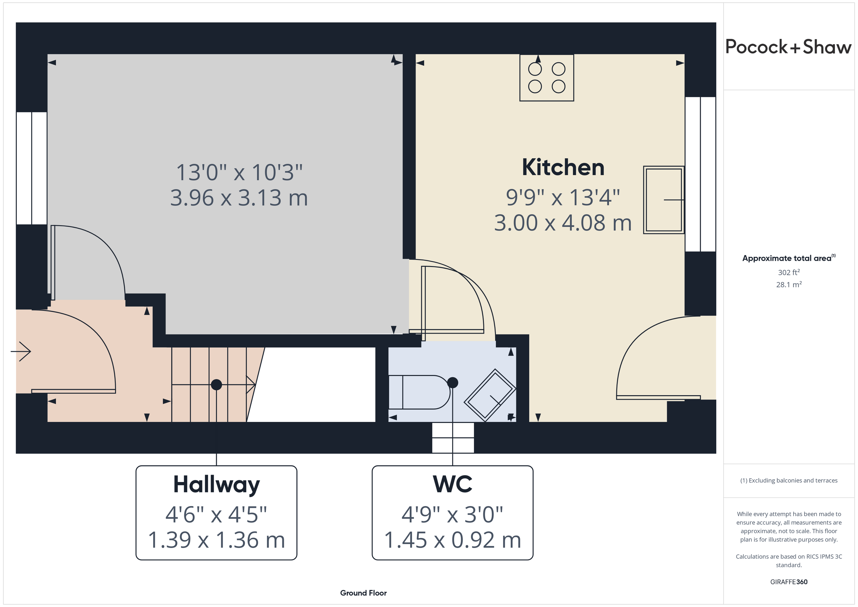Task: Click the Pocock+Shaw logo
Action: (789, 47)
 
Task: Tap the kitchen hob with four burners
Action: (547, 78)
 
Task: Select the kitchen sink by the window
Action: (664, 200)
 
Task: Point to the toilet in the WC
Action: (419, 392)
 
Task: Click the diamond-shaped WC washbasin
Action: (490, 395)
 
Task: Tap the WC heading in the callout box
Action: (452, 484)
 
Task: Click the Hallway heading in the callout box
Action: (217, 485)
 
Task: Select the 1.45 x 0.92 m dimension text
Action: (452, 540)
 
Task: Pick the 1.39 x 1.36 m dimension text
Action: (217, 540)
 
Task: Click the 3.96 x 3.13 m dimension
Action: (239, 198)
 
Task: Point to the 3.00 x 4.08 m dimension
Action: (563, 223)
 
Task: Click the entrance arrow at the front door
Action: (20, 351)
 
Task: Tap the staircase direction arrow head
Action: (251, 384)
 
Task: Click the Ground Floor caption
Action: (363, 593)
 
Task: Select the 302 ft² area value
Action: (789, 272)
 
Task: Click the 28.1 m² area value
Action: (789, 285)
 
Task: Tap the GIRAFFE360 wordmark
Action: (789, 582)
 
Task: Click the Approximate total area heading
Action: (789, 258)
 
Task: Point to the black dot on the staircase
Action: (217, 384)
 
